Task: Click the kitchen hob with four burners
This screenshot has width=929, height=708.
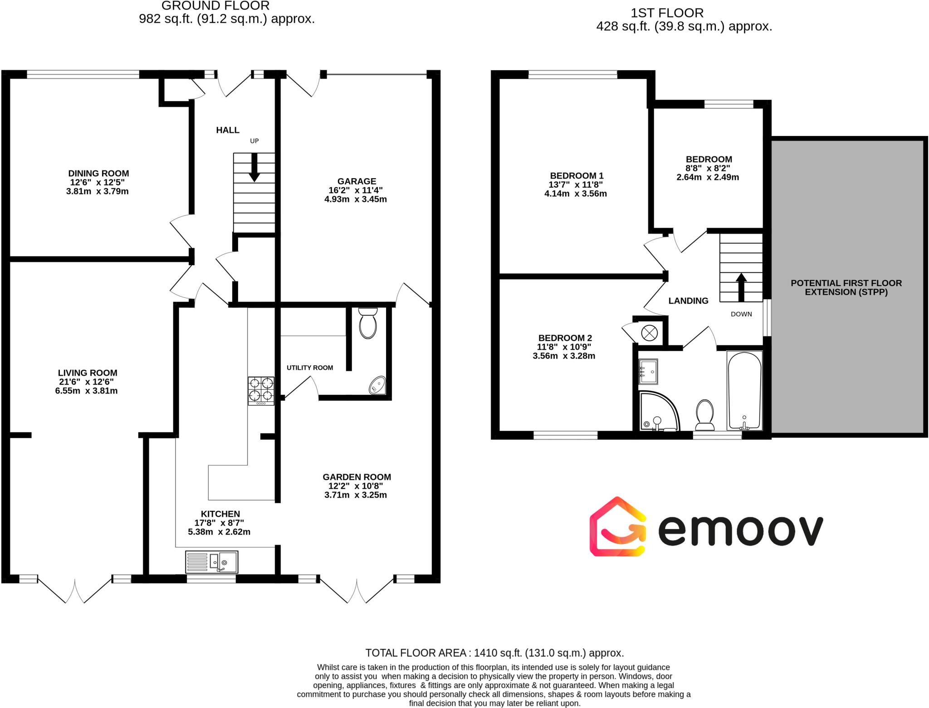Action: (261, 390)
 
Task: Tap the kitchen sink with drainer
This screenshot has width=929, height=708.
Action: (211, 562)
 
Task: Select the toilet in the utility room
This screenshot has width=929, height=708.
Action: (367, 323)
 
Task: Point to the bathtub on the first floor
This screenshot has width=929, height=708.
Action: (744, 390)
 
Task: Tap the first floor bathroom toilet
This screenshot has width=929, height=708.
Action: (704, 415)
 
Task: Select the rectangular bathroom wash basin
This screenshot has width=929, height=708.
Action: (648, 372)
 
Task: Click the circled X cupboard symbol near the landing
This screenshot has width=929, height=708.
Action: (649, 334)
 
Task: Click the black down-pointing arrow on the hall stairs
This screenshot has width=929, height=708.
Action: (254, 167)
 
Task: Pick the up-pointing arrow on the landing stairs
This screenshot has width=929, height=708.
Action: (741, 287)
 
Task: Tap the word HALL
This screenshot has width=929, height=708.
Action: (228, 131)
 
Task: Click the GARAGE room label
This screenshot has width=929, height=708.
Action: (357, 181)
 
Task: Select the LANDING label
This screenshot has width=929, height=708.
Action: (688, 301)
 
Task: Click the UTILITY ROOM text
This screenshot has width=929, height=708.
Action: (310, 368)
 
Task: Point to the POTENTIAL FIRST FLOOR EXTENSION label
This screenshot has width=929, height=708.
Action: (846, 287)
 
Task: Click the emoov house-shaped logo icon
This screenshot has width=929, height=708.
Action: (617, 527)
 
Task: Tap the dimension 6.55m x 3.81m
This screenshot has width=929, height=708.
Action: (86, 391)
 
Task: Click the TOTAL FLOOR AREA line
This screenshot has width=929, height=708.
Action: (494, 653)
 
